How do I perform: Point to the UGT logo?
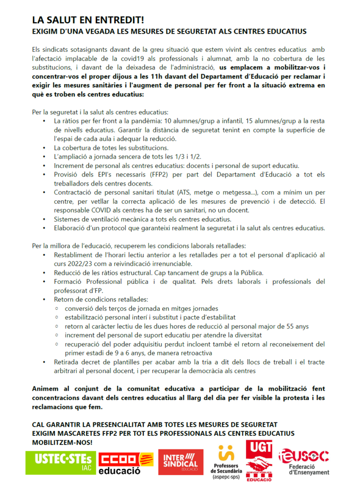click(259, 460)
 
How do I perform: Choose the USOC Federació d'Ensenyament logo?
click(304, 461)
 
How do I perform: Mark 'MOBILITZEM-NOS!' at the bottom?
click(62, 442)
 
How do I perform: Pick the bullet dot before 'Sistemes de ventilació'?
click(44, 219)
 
